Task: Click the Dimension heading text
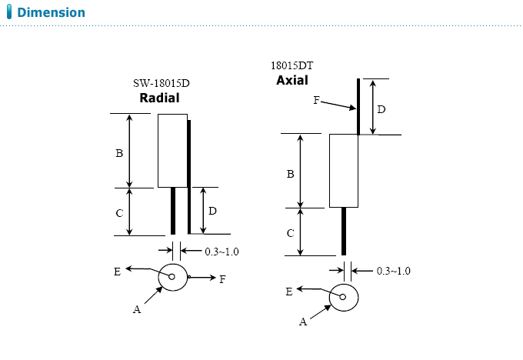(51, 13)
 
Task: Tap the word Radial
(159, 98)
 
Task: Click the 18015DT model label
(291, 66)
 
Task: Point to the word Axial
(291, 80)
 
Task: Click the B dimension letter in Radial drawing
(119, 154)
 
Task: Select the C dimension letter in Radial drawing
(119, 212)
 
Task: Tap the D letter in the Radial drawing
(212, 211)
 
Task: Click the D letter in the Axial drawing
(381, 110)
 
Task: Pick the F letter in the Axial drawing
(316, 101)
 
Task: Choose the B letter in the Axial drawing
(290, 175)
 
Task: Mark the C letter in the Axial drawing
(290, 233)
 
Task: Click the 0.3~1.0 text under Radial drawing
(222, 251)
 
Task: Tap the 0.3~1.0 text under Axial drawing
(393, 271)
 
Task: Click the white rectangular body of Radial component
(172, 151)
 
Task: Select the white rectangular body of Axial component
(344, 171)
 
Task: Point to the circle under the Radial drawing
(173, 277)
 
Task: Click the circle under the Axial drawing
(344, 298)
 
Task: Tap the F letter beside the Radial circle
(222, 280)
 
